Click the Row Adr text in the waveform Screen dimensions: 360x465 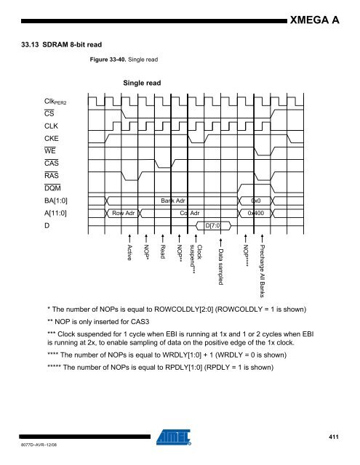124,214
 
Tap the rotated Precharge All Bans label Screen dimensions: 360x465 263,273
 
